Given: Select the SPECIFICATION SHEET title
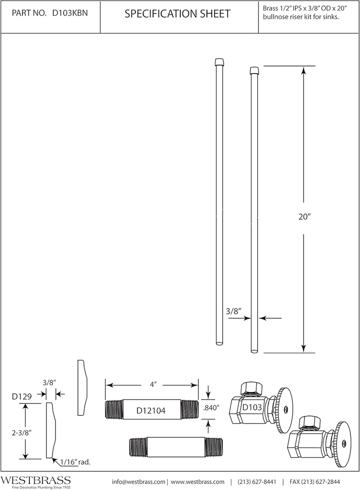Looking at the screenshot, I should tap(177, 14).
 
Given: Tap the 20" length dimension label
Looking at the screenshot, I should tap(304, 216).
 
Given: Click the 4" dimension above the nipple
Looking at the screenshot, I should tap(153, 384).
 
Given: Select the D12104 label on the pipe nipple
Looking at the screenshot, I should tap(152, 410).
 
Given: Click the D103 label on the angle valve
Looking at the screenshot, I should tap(251, 408).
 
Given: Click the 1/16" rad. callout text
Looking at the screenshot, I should tap(75, 462).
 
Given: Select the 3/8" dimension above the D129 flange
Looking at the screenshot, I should tap(50, 382).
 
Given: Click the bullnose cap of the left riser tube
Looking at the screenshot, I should tap(218, 62).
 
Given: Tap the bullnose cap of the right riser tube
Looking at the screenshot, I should tap(255, 71).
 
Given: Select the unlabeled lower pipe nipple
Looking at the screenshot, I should tap(176, 447).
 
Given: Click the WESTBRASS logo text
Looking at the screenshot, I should tap(36, 480).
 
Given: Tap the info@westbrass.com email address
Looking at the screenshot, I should tap(139, 481).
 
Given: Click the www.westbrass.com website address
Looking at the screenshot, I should tap(197, 481).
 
